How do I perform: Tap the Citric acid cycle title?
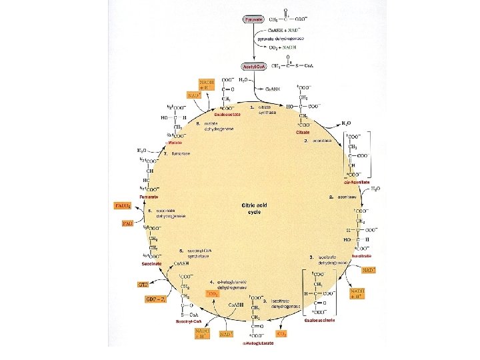click(255, 208)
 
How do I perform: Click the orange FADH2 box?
click(123, 205)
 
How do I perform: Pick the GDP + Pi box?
click(155, 299)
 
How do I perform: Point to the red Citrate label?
click(303, 132)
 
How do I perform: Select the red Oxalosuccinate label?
click(319, 319)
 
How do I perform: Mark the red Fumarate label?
click(149, 197)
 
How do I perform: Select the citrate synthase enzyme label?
click(267, 109)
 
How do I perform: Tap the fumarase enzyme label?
click(181, 153)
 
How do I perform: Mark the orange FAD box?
click(128, 223)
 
